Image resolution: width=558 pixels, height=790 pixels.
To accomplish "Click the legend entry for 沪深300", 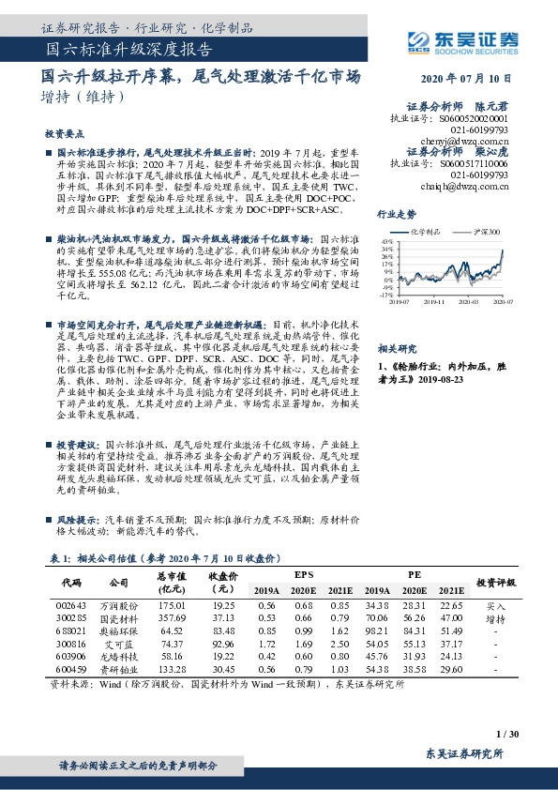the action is [489, 231].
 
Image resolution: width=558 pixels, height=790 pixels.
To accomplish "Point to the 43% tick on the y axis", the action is [386, 242].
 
